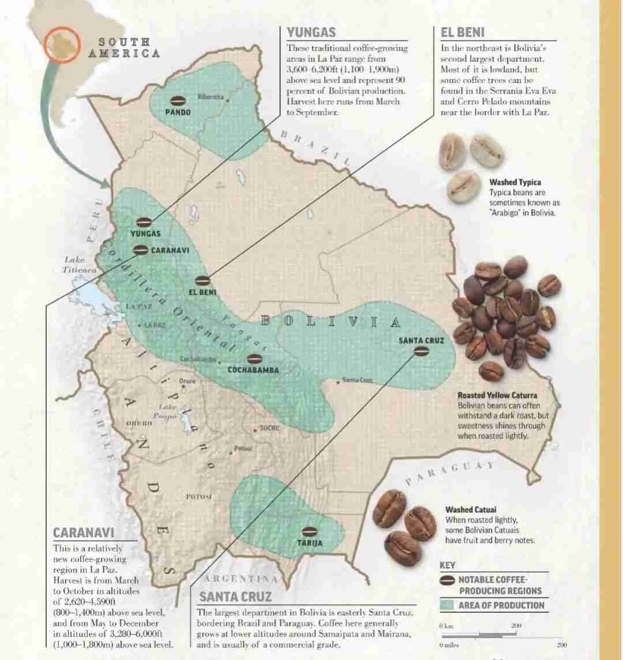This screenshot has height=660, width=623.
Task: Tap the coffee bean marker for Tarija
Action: click(x=310, y=531)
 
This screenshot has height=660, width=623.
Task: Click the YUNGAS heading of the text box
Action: click(x=311, y=32)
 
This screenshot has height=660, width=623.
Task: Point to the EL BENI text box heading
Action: click(x=463, y=32)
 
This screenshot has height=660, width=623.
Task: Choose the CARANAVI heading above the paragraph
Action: click(x=84, y=533)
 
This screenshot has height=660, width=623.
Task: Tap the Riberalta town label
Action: click(x=211, y=97)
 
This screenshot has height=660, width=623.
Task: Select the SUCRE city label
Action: click(x=269, y=428)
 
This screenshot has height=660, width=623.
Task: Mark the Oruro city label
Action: click(x=187, y=381)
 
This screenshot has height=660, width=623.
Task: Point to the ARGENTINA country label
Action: click(x=241, y=578)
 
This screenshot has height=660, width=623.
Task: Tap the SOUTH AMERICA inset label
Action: click(x=123, y=47)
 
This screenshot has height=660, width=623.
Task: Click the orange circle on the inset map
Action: click(x=63, y=43)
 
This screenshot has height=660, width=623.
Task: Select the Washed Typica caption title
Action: click(x=515, y=182)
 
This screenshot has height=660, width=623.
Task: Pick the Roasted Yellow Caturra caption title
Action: click(x=497, y=395)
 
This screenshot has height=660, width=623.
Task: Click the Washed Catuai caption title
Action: click(x=471, y=510)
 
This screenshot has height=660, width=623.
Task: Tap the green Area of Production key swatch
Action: click(x=446, y=605)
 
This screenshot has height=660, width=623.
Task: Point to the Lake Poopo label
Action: click(x=168, y=411)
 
